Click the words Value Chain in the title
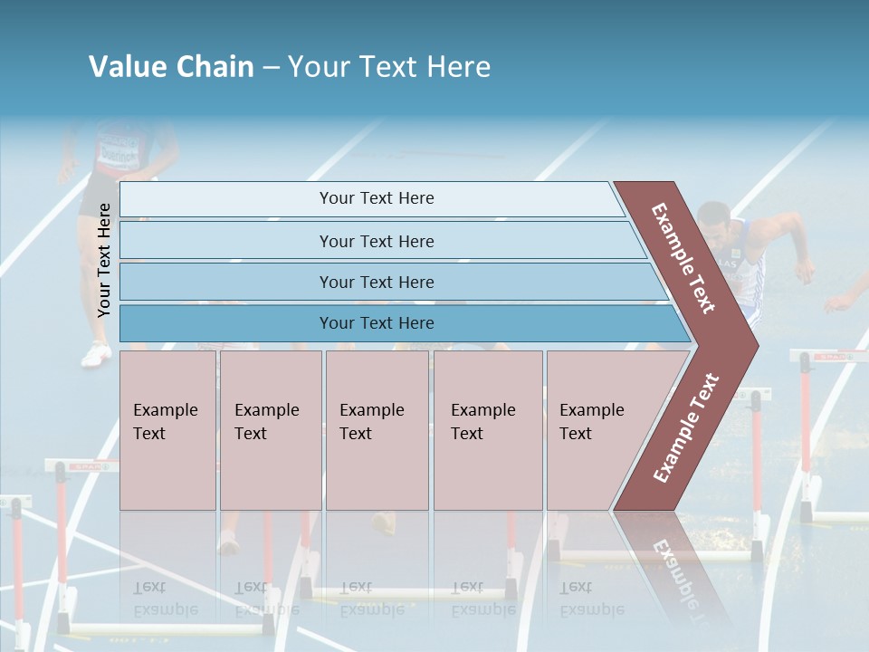(171, 67)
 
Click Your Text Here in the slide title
(389, 67)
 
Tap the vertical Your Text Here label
(104, 260)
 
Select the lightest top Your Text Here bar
(376, 198)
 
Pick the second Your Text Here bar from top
(376, 241)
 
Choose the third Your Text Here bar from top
(376, 282)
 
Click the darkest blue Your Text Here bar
(376, 323)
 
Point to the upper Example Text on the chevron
(683, 258)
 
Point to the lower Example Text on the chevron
(685, 428)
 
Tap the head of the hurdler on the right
(714, 222)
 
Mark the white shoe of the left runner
(95, 355)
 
